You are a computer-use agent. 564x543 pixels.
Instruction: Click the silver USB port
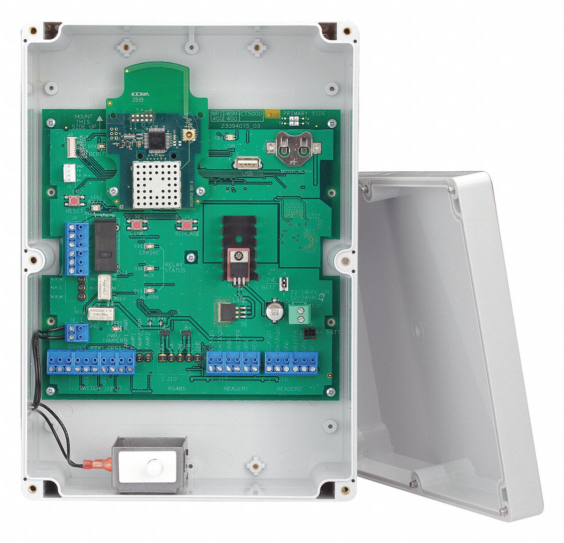pyautogui.click(x=246, y=163)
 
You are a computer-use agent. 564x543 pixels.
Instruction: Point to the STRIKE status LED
pyautogui.click(x=150, y=246)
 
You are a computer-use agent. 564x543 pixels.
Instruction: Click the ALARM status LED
pyautogui.click(x=149, y=291)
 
